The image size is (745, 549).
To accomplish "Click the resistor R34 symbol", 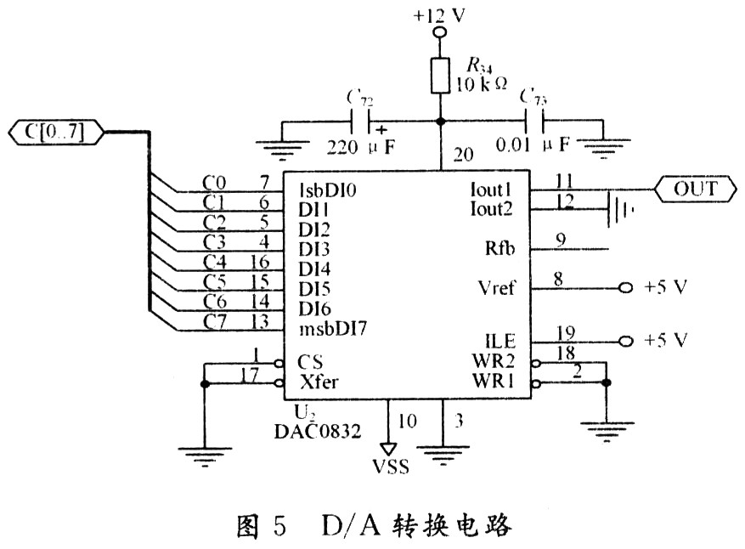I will pos(439,76).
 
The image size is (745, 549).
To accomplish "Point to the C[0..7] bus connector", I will pos(56,133).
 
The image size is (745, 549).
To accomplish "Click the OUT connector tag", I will pos(694,189).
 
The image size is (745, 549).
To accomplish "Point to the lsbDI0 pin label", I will pos(328,190).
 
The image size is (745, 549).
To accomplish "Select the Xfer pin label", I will pos(314,383).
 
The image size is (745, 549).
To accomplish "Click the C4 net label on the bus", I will pos(215,261).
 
